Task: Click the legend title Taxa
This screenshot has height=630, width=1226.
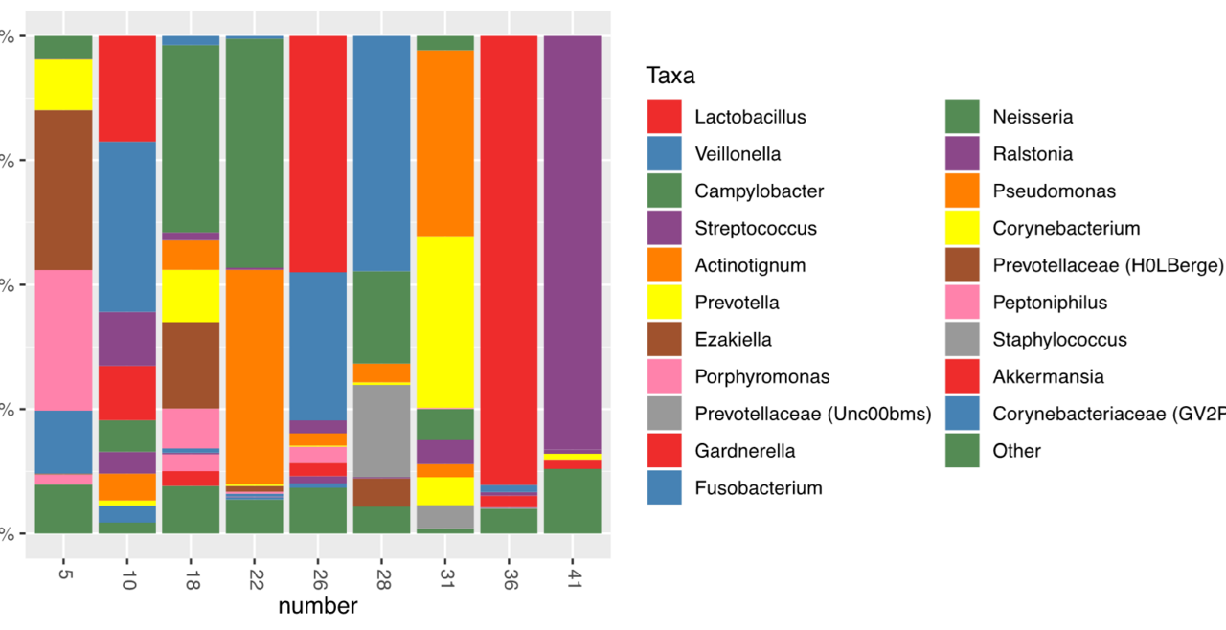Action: point(670,76)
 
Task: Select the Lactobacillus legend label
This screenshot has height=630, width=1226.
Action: point(750,118)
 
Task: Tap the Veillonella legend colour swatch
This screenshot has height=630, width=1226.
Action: point(664,154)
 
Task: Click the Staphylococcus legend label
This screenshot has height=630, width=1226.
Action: point(1059,340)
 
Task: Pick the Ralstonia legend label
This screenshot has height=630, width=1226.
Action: point(1033,154)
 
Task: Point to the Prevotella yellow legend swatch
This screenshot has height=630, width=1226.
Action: point(664,303)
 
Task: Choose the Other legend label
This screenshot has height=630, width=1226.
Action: point(1016,451)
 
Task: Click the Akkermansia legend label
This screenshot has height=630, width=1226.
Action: point(1048,376)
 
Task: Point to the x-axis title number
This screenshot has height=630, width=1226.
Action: point(318,606)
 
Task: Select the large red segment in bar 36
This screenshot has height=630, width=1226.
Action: point(509,259)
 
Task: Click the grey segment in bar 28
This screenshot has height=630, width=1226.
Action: point(381,430)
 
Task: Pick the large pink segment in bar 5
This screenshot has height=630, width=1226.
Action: point(63,340)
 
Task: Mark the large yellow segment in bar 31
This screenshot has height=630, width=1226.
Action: point(444,322)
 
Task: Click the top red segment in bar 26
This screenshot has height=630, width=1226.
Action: point(318,153)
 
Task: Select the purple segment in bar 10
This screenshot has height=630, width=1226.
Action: point(127,338)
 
